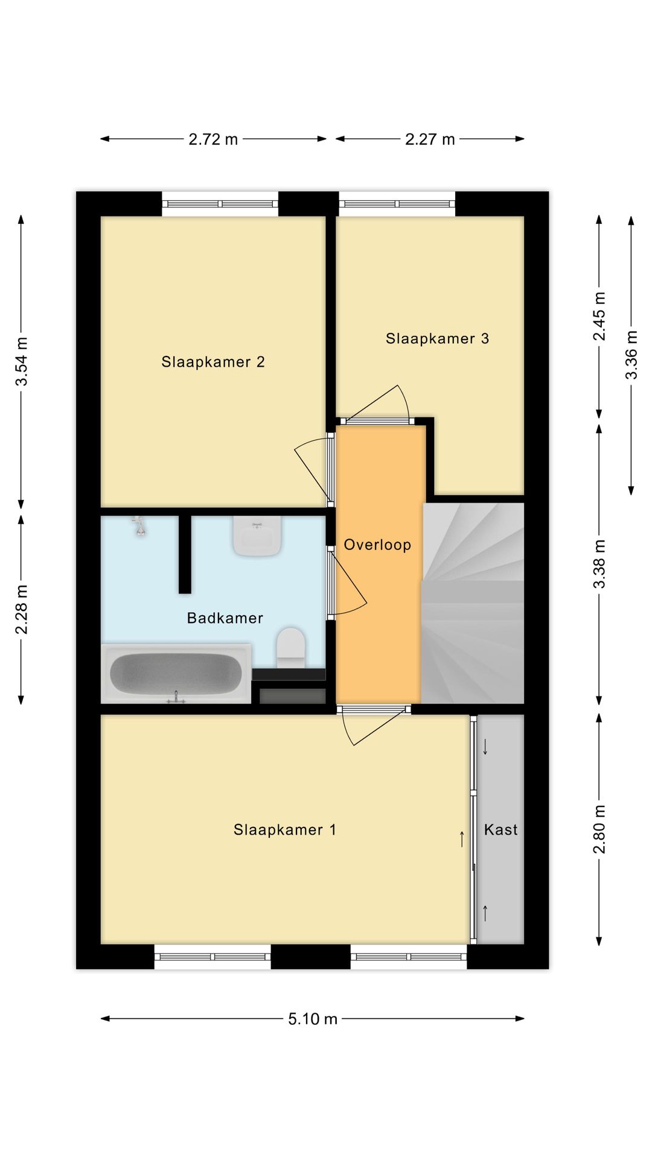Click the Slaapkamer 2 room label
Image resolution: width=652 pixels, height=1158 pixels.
coord(213,362)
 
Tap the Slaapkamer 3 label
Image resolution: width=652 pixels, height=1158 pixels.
coord(437,338)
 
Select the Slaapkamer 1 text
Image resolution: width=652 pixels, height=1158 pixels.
coord(285,830)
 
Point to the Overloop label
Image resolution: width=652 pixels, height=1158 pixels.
coord(377,545)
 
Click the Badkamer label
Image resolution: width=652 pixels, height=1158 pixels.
coord(225,618)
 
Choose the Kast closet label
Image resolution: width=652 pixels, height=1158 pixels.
coord(501,830)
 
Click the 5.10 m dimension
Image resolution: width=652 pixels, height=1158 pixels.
coord(313,1019)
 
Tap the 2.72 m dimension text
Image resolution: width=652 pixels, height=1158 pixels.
coord(213,139)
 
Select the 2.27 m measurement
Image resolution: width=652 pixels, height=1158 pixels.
coord(430,139)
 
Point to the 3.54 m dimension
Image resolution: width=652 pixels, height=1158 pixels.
coord(22,361)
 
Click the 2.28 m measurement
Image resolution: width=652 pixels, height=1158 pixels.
coord(22,610)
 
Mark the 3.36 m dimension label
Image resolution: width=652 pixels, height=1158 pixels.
coord(631,355)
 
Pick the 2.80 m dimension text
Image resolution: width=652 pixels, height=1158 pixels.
coord(599,829)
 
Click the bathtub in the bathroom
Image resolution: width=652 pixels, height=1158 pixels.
coord(176,674)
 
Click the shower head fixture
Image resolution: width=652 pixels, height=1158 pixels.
coord(139,526)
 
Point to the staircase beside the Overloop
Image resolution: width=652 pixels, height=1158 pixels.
coord(473,603)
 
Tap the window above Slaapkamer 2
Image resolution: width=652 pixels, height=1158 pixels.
coord(220,204)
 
